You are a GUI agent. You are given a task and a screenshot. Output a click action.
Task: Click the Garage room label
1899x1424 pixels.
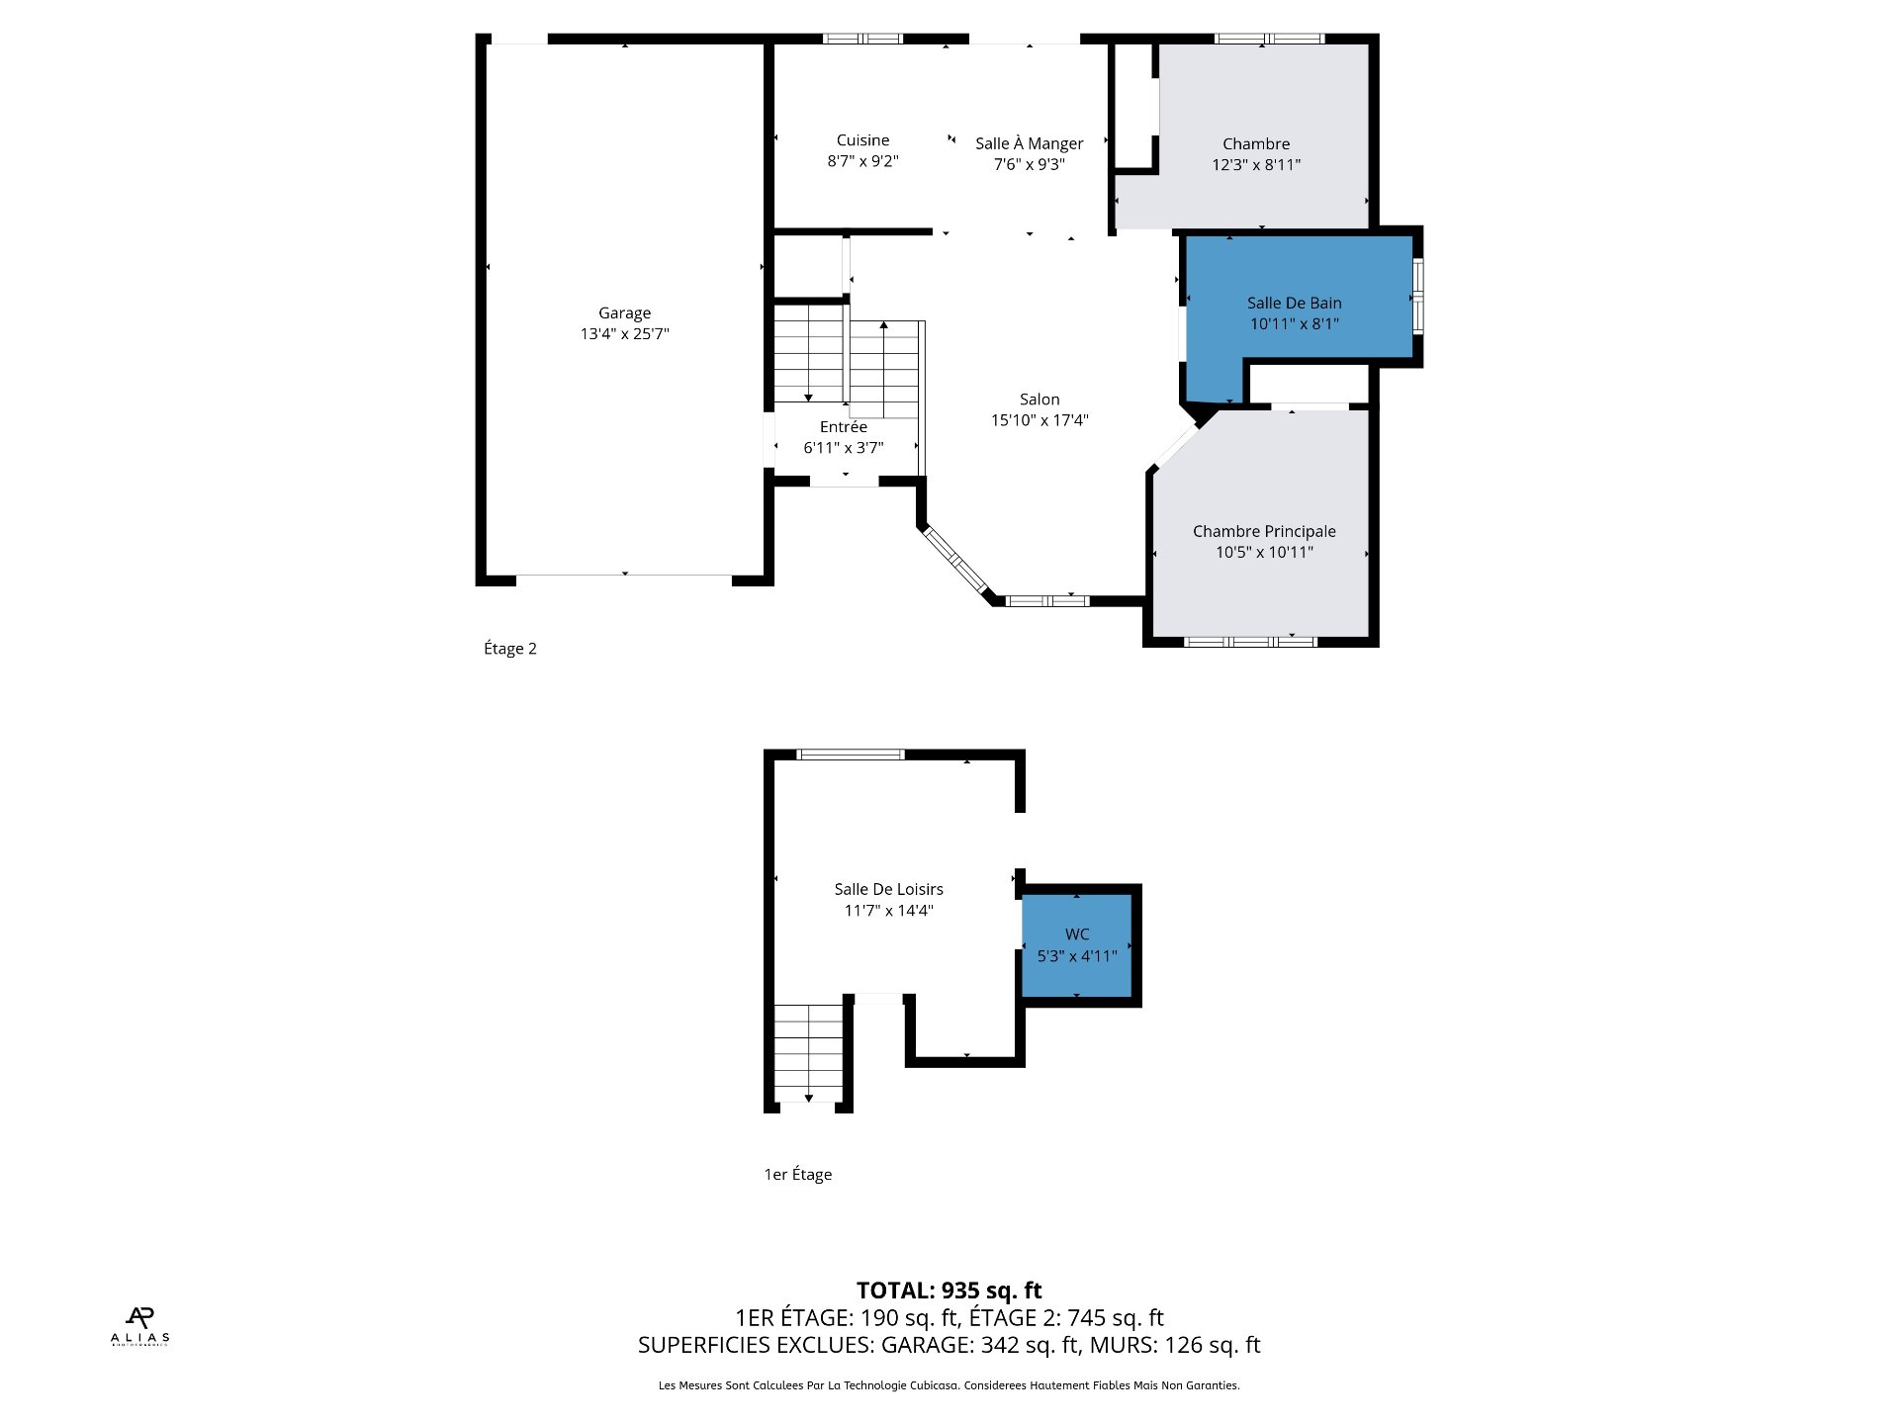point(624,313)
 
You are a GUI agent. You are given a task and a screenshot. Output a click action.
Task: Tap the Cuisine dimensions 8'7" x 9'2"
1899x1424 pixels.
point(862,161)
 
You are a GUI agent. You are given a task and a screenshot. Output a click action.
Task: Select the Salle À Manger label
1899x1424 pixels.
point(1029,143)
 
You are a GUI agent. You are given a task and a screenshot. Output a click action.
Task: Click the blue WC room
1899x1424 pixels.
point(1077,944)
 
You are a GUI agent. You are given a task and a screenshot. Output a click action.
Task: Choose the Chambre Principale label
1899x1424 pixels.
point(1264,531)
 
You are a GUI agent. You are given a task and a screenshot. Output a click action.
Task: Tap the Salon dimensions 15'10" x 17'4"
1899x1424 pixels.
point(1040,420)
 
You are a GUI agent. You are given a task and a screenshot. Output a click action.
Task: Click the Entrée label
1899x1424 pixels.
point(844,427)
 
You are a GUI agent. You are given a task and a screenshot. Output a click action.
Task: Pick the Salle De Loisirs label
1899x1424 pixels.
point(888,889)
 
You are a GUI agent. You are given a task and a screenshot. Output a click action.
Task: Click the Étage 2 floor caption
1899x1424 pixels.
point(510,649)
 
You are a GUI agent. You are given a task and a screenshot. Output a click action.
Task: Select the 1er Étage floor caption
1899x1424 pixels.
point(797,1174)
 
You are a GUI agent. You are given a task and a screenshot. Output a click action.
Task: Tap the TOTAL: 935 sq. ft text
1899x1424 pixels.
point(949,1290)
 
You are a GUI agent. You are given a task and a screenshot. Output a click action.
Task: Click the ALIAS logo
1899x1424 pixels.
point(139,1326)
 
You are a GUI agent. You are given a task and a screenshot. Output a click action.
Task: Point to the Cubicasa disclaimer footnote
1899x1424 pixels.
point(949,1385)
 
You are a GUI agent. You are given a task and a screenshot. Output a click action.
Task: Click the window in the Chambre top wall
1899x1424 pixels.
point(1269,39)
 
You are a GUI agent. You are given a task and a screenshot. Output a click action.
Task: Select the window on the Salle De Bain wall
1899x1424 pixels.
point(1417,294)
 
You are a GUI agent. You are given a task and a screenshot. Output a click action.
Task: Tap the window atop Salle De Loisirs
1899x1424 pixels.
point(851,755)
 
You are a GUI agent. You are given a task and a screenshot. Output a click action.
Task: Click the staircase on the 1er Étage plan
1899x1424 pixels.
point(809,1053)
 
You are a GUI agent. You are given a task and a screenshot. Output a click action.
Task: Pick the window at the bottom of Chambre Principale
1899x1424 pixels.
point(1250,642)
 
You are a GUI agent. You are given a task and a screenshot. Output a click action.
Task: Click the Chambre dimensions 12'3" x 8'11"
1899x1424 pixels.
point(1256,165)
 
